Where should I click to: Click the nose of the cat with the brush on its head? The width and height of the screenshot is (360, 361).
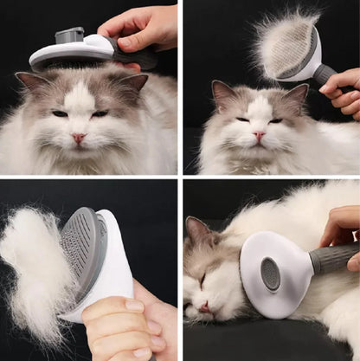79,137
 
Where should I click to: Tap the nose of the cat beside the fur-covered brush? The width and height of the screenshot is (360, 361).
258,136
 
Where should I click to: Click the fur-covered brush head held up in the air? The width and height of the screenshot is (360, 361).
286,48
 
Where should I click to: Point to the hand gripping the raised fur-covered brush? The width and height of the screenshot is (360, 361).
345,92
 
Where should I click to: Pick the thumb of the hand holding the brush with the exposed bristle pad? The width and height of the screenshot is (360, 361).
112,306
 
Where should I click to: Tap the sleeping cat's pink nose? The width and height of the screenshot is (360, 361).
203,306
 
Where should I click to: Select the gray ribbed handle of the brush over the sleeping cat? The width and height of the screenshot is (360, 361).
334,257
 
